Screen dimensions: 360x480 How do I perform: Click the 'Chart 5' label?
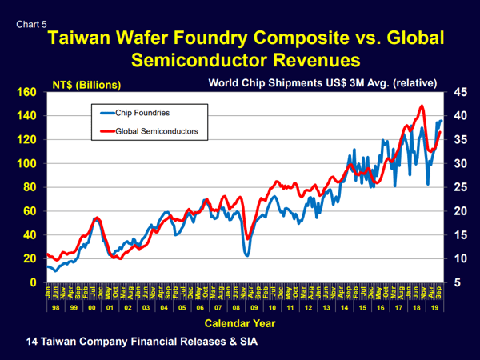point(30,23)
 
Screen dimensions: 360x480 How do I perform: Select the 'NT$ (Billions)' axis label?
point(86,83)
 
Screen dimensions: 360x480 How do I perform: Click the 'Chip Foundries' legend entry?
point(142,113)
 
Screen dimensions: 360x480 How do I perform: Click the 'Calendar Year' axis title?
point(241,323)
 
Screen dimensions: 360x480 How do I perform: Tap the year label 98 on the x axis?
point(54,306)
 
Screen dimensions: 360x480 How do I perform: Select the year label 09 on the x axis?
point(254,306)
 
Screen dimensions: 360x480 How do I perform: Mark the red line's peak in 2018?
point(422,106)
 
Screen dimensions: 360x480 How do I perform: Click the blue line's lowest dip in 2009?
point(247,255)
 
